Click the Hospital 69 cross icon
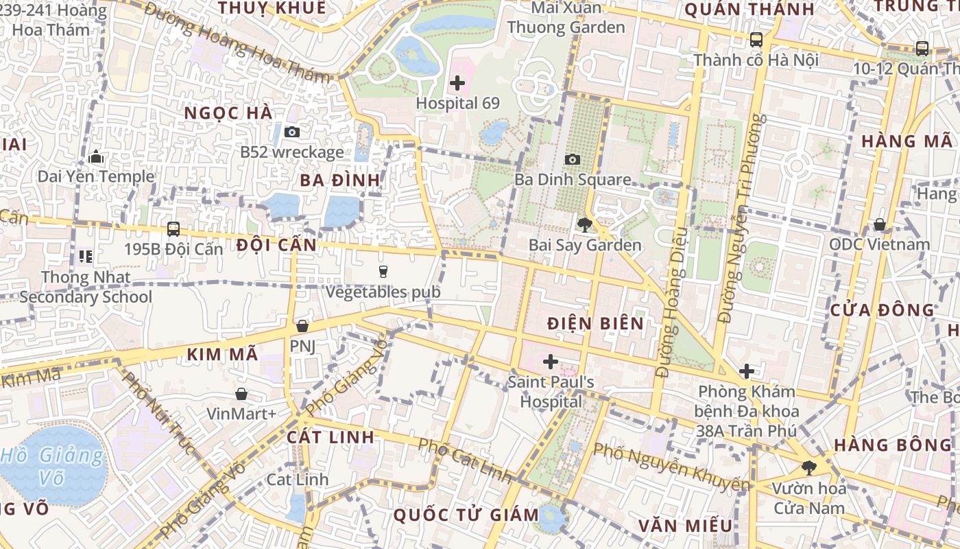(x=457, y=84)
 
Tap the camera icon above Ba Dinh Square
(x=572, y=160)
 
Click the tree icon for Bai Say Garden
(x=584, y=224)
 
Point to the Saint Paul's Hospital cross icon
(x=550, y=362)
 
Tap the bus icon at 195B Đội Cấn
(x=173, y=229)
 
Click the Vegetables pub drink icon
(x=383, y=272)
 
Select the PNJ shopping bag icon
(x=302, y=326)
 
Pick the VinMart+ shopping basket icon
(x=241, y=394)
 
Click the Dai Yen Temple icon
(x=96, y=157)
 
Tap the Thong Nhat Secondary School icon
(x=86, y=257)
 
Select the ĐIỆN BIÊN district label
(x=596, y=323)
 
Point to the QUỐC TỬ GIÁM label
(x=466, y=515)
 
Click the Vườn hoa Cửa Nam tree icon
(x=809, y=468)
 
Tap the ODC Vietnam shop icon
(x=879, y=224)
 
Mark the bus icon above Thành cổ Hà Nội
(x=756, y=40)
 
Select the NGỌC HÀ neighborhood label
(x=228, y=113)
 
